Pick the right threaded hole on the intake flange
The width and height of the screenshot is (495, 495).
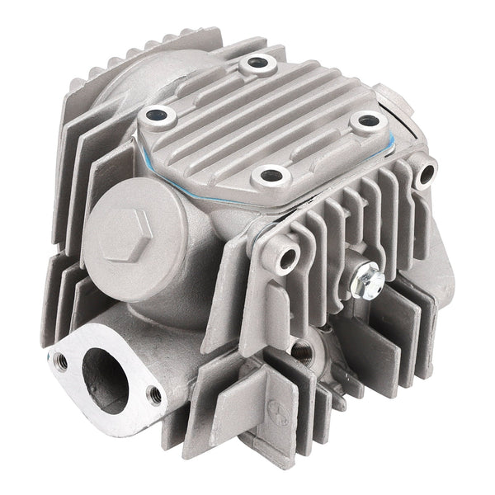tap(153, 394)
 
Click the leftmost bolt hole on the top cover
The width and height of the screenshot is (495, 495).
tap(153, 117)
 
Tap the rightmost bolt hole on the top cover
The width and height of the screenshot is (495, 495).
tap(365, 120)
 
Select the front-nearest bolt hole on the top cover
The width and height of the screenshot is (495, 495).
tap(269, 176)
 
